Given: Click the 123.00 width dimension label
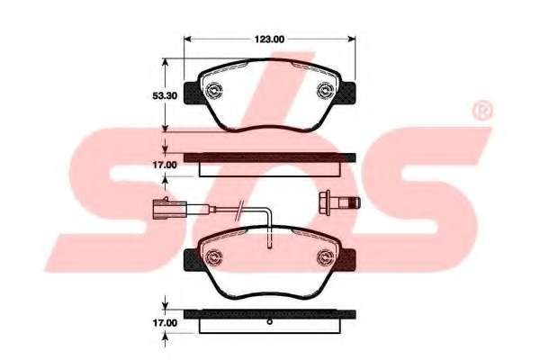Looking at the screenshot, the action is click(269, 40).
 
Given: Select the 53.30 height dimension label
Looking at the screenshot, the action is click(165, 95).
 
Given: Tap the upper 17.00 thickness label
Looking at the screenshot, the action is click(165, 165).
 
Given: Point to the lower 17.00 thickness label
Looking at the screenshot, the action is click(165, 323).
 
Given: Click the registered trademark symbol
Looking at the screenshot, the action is click(482, 111).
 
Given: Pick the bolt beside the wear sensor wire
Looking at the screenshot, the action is click(339, 202).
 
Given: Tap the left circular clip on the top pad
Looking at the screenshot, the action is click(213, 90).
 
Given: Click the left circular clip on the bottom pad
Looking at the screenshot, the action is click(213, 256).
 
